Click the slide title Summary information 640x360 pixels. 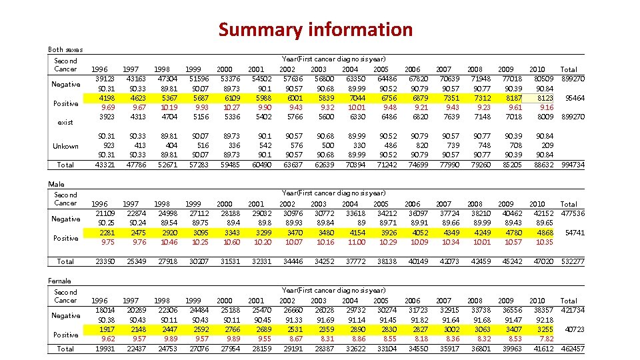[315, 29]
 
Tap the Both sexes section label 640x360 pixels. [65, 49]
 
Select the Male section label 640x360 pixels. [57, 183]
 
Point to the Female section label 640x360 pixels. [60, 281]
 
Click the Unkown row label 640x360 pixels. [66, 146]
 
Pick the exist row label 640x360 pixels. [65, 122]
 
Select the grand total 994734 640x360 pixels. [573, 165]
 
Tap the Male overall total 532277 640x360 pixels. [573, 261]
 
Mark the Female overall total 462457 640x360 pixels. [573, 349]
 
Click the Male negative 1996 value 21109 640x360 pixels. [105, 213]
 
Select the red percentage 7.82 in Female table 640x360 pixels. [545, 339]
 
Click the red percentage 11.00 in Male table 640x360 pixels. [357, 242]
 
